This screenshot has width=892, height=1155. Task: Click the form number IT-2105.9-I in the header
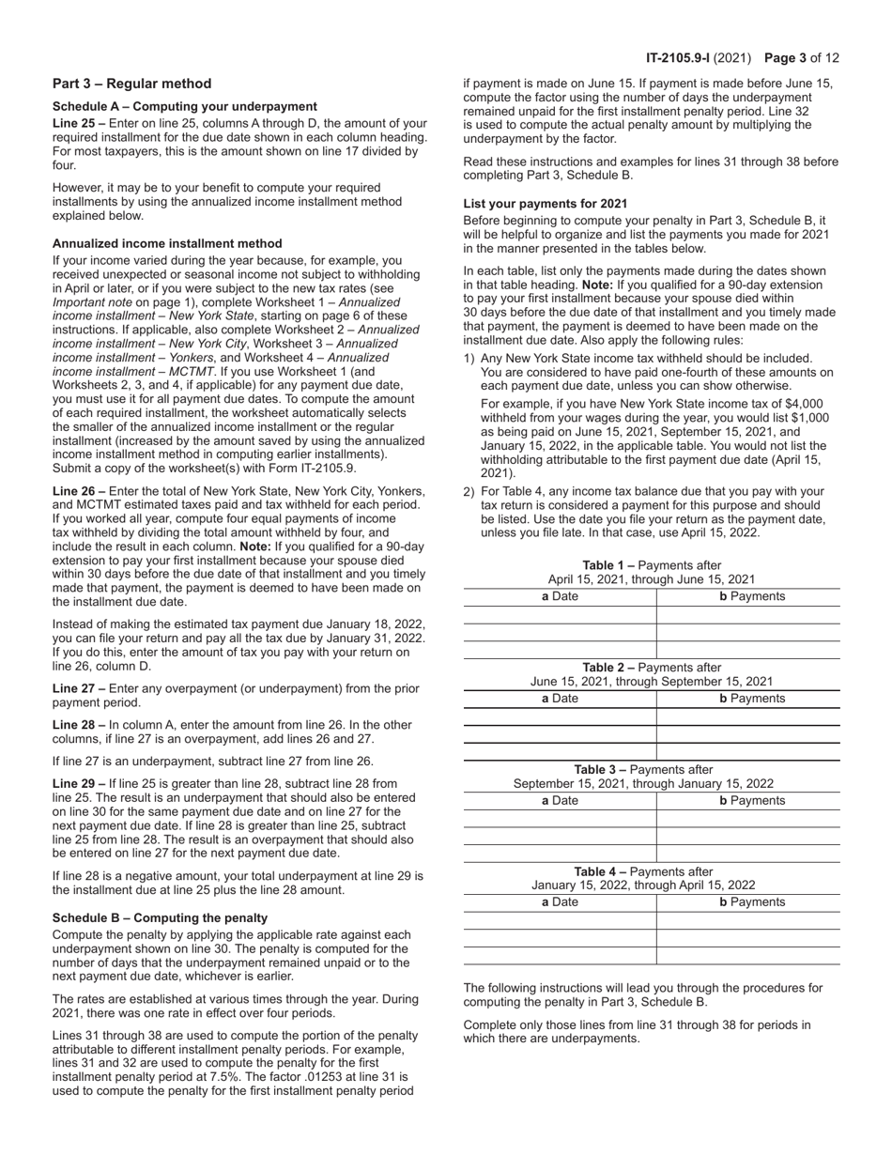click(x=677, y=58)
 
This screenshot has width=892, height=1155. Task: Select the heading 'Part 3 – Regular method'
click(x=131, y=84)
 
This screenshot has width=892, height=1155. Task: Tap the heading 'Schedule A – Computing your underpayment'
click(x=184, y=106)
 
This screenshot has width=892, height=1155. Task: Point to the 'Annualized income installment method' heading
click(x=167, y=243)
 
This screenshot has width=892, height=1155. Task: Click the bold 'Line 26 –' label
click(x=79, y=491)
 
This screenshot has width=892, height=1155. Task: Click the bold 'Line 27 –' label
click(x=79, y=688)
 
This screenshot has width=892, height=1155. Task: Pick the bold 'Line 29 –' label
click(x=79, y=783)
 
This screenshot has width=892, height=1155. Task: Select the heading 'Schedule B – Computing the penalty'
click(x=160, y=917)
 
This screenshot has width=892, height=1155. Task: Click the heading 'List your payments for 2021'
click(x=546, y=204)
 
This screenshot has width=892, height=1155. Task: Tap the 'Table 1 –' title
click(x=614, y=565)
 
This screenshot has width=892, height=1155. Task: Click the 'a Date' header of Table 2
click(x=560, y=699)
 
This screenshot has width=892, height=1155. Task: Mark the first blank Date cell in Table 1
click(x=560, y=615)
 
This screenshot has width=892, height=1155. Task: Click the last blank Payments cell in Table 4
click(x=747, y=956)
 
